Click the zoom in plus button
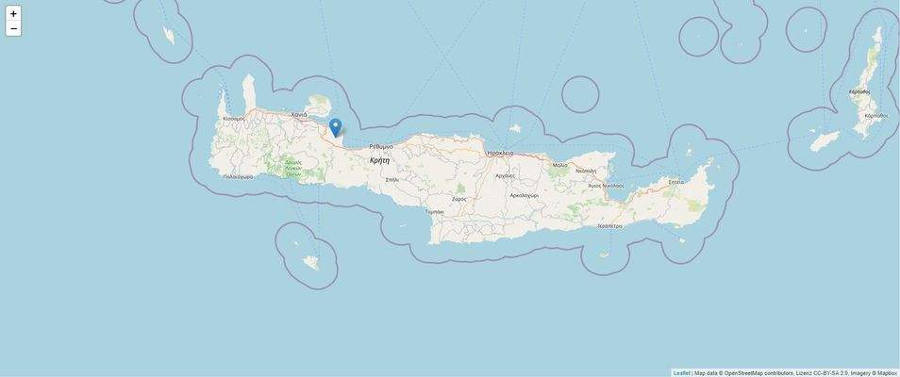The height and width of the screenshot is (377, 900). pos(13,13)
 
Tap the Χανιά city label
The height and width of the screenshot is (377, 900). pos(299,114)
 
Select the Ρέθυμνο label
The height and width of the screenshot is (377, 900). pos(381,146)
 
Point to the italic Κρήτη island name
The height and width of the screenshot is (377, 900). pos(379,160)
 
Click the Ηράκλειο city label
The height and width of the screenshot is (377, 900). pos(500,153)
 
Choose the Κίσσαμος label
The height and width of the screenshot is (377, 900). pos(234,119)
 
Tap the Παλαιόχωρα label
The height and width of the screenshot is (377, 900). pos(238,176)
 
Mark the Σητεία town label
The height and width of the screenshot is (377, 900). pos(675,182)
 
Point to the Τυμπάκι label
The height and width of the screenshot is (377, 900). pos(434,212)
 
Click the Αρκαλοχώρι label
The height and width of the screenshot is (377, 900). pos(524,195)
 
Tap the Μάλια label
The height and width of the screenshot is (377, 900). pos(560,165)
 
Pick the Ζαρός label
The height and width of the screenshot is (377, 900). pos(459,199)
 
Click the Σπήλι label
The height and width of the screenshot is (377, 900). pos(392,179)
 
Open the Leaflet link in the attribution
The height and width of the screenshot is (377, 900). pos(681,373)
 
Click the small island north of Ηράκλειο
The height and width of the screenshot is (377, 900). pos(515,128)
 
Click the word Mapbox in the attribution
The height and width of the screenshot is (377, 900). pos(887,373)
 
